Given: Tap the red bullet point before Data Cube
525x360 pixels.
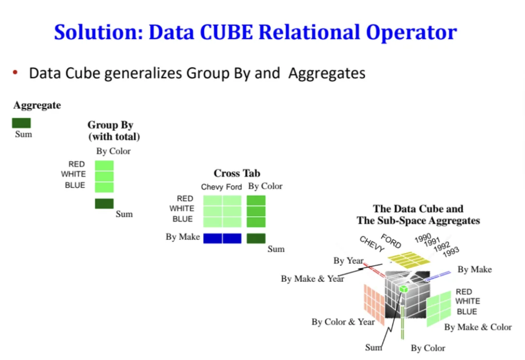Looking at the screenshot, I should pyautogui.click(x=16, y=73).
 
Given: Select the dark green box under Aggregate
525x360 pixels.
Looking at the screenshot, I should pyautogui.click(x=22, y=123).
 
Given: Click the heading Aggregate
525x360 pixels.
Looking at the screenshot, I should pyautogui.click(x=37, y=105).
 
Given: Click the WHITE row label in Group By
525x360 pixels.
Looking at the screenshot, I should pyautogui.click(x=74, y=174).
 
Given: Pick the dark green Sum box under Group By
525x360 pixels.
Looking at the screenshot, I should pyautogui.click(x=104, y=204).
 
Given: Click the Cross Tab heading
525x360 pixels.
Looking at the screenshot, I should pyautogui.click(x=237, y=173).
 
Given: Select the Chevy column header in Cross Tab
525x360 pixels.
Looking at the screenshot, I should pyautogui.click(x=211, y=187).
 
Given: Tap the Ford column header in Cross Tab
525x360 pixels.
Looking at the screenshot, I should pyautogui.click(x=234, y=187).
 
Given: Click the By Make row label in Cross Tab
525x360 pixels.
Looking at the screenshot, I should pyautogui.click(x=183, y=237).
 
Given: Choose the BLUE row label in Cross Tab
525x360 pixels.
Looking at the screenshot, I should pyautogui.click(x=182, y=219).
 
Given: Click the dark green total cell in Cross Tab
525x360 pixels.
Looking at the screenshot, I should pyautogui.click(x=256, y=238).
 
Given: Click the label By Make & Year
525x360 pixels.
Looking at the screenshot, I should pyautogui.click(x=313, y=279).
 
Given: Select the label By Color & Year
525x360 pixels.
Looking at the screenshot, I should pyautogui.click(x=343, y=322).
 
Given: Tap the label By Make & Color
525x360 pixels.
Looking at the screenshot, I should pyautogui.click(x=478, y=327).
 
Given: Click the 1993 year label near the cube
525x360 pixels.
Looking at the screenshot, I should pyautogui.click(x=451, y=251).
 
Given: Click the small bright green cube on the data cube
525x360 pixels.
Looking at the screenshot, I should pyautogui.click(x=403, y=289).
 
